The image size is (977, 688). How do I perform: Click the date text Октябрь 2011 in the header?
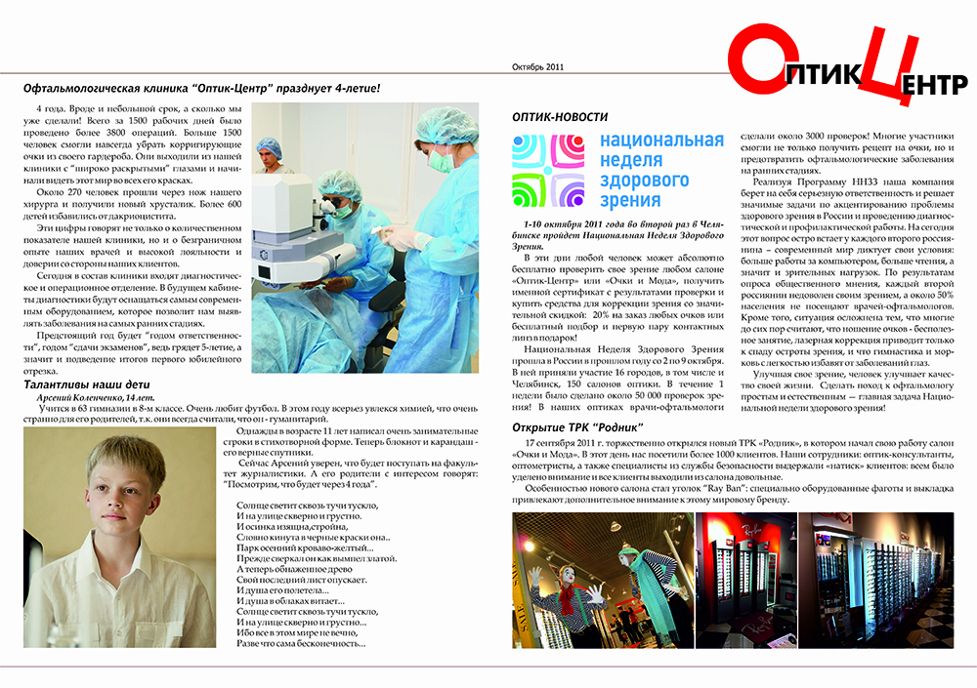coord(538,67)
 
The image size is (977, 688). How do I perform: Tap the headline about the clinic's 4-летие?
coord(201,88)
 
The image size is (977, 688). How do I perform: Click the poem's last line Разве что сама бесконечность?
coord(301,643)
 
